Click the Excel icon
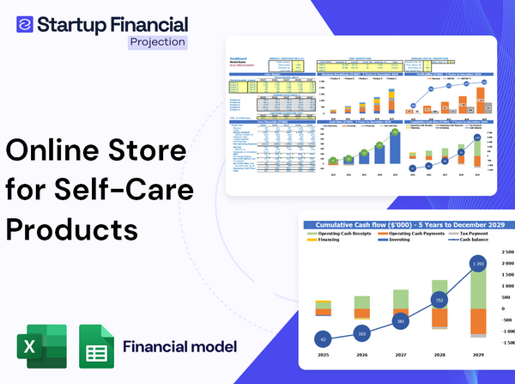coord(44,347)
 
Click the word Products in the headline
coord(72,229)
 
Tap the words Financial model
coord(179,347)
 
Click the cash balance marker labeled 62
coord(322,340)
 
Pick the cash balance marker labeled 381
coord(399,321)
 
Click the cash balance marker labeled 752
coord(438,301)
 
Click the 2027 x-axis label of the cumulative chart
coord(399,355)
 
